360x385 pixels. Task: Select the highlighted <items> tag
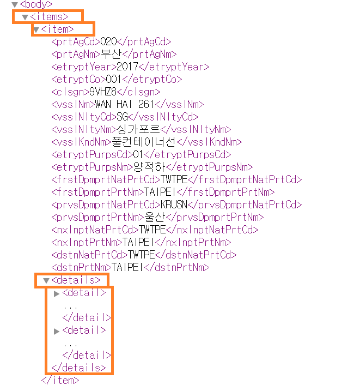pyautogui.click(x=50, y=17)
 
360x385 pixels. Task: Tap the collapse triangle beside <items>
pyautogui.click(x=25, y=17)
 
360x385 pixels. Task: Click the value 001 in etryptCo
pyautogui.click(x=114, y=80)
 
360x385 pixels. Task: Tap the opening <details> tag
pyautogui.click(x=76, y=280)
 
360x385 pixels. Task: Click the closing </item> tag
pyautogui.click(x=59, y=380)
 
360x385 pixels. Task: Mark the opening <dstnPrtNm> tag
pyautogui.click(x=81, y=268)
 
